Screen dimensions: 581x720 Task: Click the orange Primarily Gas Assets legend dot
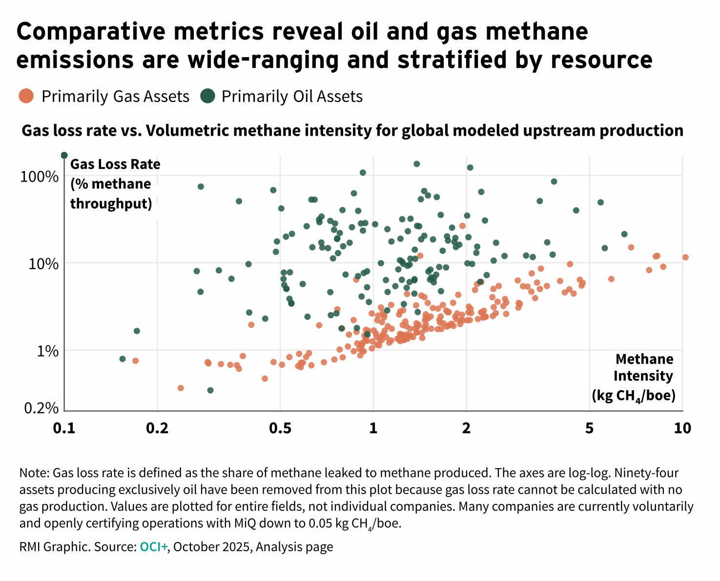pos(26,96)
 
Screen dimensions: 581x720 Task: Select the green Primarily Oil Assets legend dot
pos(208,96)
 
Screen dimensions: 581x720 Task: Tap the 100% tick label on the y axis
pos(39,176)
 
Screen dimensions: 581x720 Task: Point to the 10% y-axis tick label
pos(42,264)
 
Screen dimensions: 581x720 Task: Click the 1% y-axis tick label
pos(47,351)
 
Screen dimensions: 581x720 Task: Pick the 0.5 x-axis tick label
pos(280,428)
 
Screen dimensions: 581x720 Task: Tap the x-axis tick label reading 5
pos(590,428)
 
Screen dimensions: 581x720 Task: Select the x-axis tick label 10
pos(682,428)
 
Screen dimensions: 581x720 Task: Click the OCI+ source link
pos(153,546)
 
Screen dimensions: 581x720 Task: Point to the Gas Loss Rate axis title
pos(115,164)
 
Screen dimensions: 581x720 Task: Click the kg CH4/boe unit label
pos(633,395)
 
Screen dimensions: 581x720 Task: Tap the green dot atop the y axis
pos(64,155)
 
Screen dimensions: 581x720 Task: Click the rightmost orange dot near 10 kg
pos(685,257)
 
